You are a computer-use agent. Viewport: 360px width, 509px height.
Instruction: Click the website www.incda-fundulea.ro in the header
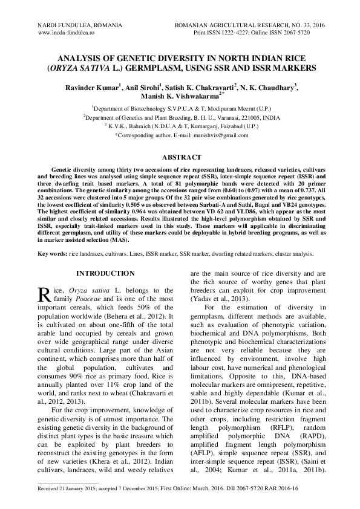coord(68,33)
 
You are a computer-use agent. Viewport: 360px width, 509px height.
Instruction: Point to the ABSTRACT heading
coord(179,157)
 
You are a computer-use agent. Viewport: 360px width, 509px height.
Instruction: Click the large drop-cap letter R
coord(46,294)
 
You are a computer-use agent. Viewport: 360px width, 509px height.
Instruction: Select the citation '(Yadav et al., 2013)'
coord(217,299)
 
